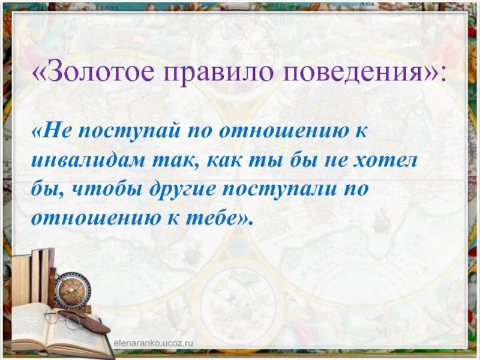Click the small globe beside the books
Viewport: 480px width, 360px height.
tap(71, 290)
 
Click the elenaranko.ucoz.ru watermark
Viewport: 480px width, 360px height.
tap(156, 343)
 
